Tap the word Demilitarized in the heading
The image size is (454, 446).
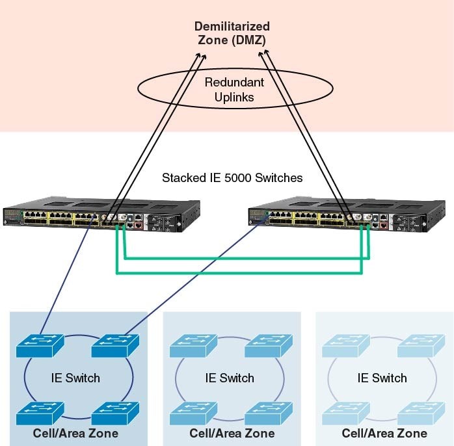[x=232, y=27]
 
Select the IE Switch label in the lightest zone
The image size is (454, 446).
[x=382, y=378]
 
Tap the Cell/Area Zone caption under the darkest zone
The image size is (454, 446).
[x=76, y=433]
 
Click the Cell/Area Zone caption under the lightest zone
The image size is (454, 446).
[x=384, y=433]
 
